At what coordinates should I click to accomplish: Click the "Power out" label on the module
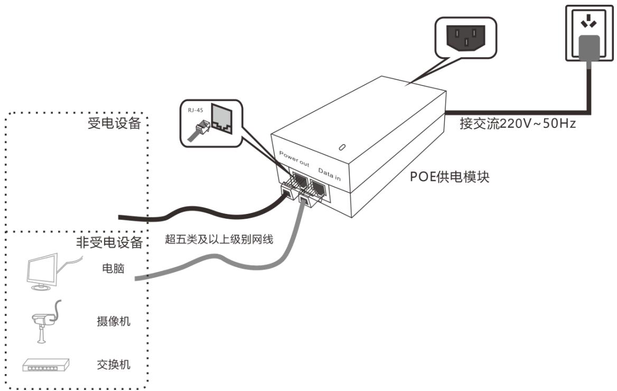click(294, 159)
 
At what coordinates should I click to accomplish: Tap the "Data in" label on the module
click(329, 174)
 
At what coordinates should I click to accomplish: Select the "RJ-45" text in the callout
click(195, 110)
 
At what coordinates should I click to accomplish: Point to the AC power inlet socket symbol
click(465, 38)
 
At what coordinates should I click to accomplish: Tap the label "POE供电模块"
click(450, 176)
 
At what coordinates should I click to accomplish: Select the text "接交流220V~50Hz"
click(518, 124)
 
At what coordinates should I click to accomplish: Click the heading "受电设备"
click(114, 123)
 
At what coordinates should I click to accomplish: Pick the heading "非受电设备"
click(109, 242)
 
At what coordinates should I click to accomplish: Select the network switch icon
click(46, 366)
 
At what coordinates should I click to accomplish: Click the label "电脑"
click(114, 268)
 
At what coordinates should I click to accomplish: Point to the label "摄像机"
click(114, 321)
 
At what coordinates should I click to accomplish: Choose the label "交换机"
click(114, 365)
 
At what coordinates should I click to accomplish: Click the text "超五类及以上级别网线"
click(219, 239)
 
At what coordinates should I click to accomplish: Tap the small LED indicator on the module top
click(342, 147)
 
